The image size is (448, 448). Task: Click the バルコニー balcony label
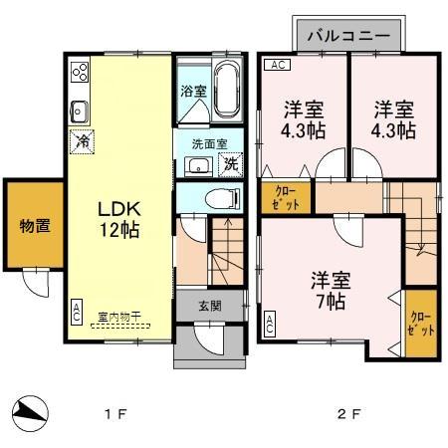click(x=347, y=36)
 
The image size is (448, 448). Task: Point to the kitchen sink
click(x=80, y=110)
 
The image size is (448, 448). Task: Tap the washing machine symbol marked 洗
click(x=230, y=164)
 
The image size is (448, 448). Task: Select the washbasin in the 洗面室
click(x=199, y=165)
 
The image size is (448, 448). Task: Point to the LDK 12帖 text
click(x=116, y=219)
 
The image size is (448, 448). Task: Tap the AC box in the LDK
click(x=77, y=312)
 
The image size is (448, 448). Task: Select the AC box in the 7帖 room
click(x=269, y=321)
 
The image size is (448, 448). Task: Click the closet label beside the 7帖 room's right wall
click(x=421, y=323)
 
